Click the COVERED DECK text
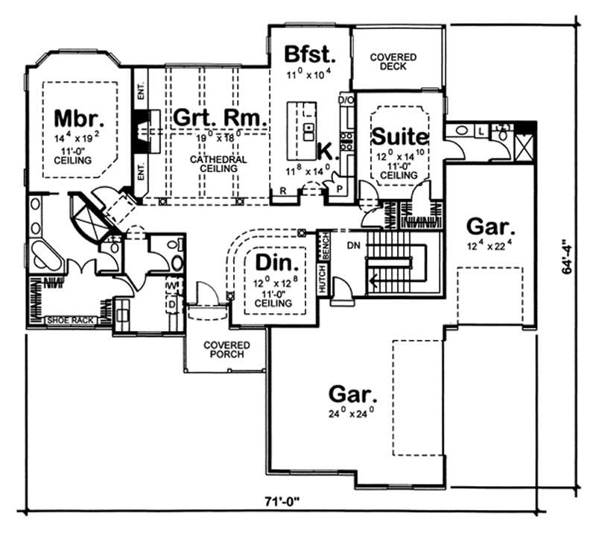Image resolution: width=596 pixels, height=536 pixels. click(393, 62)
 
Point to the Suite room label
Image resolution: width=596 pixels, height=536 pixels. click(400, 137)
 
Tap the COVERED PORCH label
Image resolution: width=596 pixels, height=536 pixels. click(227, 350)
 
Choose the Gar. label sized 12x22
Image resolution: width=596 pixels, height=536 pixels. click(489, 225)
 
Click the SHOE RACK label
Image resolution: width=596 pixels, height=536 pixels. click(69, 321)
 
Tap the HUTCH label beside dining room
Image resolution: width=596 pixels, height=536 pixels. click(323, 278)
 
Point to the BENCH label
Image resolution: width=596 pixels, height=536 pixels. click(324, 243)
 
